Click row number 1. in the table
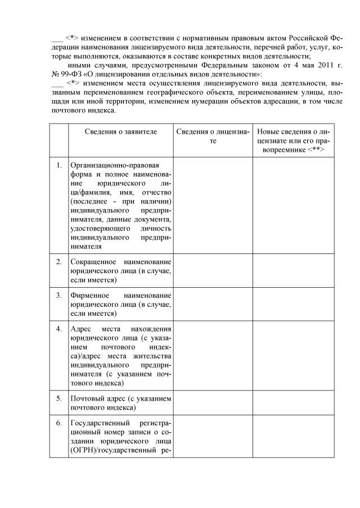coord(59,166)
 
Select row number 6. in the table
coord(59,423)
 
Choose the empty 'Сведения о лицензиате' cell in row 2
coord(212,270)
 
